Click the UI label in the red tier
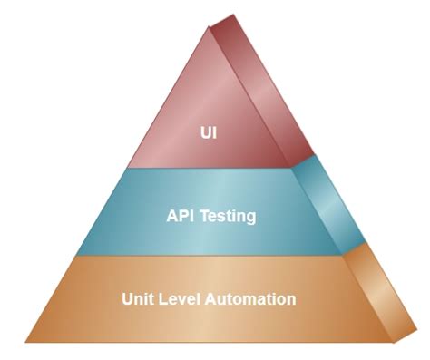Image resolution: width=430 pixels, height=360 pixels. (210, 133)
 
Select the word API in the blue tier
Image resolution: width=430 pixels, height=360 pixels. (181, 217)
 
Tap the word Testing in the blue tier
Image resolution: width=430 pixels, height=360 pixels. (227, 218)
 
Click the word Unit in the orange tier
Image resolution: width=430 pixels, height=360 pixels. (137, 298)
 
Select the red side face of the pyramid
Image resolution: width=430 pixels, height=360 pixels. (263, 100)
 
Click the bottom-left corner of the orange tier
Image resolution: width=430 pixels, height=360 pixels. (25, 342)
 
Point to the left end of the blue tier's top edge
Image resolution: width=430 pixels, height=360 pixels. (127, 169)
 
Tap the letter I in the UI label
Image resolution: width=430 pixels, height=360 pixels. (216, 133)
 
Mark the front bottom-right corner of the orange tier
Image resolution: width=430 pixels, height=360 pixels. (395, 342)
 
